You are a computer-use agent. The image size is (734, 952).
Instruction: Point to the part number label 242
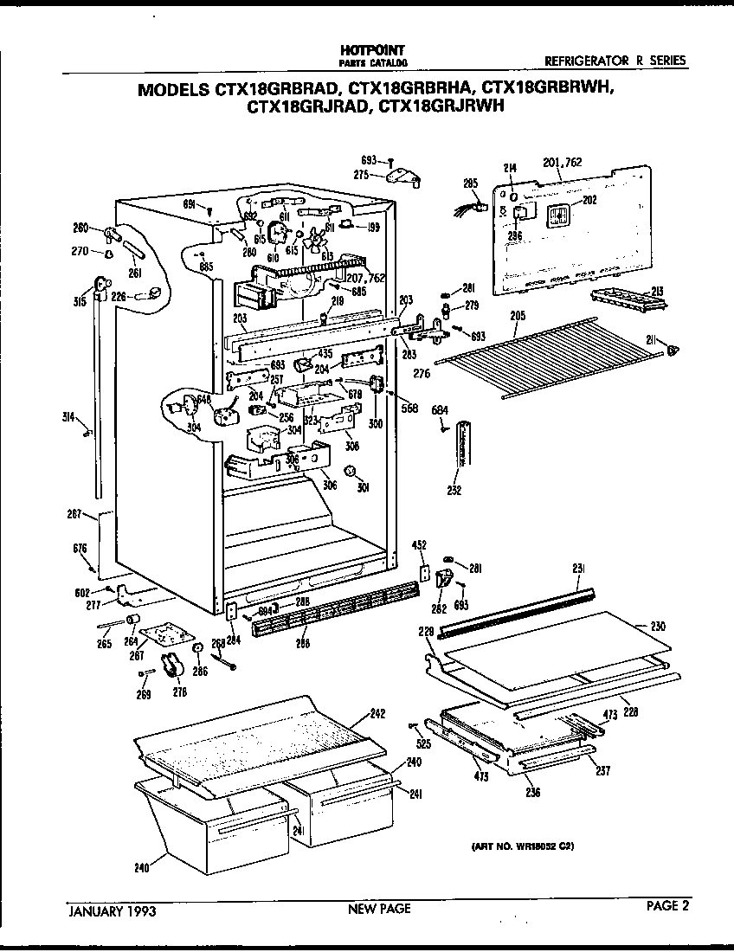pyautogui.click(x=377, y=714)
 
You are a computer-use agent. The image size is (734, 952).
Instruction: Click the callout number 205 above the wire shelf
pyautogui.click(x=518, y=316)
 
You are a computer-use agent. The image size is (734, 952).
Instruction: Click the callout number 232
pyautogui.click(x=454, y=491)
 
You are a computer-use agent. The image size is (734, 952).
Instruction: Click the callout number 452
pyautogui.click(x=420, y=545)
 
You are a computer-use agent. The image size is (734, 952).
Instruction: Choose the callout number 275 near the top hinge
pyautogui.click(x=362, y=174)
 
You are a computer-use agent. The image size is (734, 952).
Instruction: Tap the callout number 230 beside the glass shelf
pyautogui.click(x=658, y=626)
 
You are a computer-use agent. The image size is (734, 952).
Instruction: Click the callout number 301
pyautogui.click(x=364, y=487)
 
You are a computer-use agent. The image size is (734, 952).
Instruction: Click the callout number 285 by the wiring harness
pyautogui.click(x=470, y=183)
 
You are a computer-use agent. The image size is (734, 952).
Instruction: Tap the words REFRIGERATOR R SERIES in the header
pyautogui.click(x=615, y=61)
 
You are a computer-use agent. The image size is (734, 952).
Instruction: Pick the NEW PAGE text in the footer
pyautogui.click(x=379, y=909)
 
